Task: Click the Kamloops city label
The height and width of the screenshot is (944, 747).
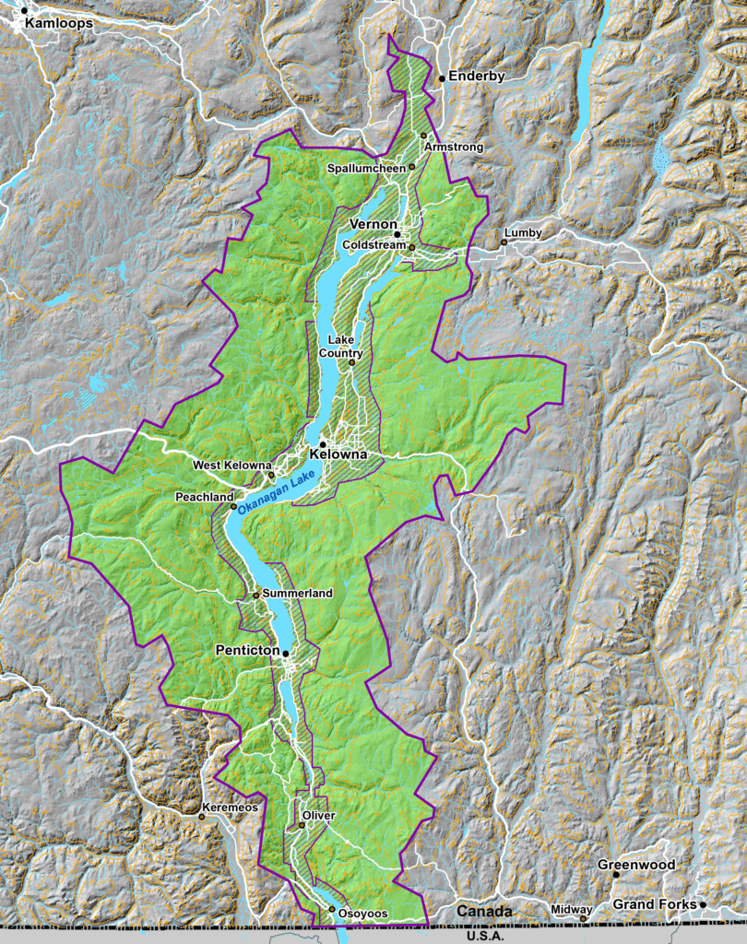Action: (x=59, y=23)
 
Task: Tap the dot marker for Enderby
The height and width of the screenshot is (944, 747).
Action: (x=442, y=78)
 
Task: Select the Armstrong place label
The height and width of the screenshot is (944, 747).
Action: (x=454, y=147)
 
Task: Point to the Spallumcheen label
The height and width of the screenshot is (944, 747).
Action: (x=368, y=169)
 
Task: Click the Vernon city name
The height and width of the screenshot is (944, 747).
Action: (x=373, y=225)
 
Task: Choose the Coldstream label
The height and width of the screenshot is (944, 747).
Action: (x=373, y=245)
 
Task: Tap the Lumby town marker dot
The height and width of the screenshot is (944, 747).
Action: (x=504, y=242)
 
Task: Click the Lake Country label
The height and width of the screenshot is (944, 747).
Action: (x=341, y=347)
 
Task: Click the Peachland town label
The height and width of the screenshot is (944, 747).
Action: (x=204, y=497)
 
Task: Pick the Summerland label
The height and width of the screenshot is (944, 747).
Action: (x=297, y=595)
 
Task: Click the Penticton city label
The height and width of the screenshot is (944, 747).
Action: (x=247, y=651)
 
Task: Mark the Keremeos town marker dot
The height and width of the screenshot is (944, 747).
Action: (x=202, y=816)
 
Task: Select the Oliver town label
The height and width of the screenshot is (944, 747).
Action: (x=318, y=816)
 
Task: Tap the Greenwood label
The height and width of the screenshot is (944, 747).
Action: (x=636, y=865)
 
